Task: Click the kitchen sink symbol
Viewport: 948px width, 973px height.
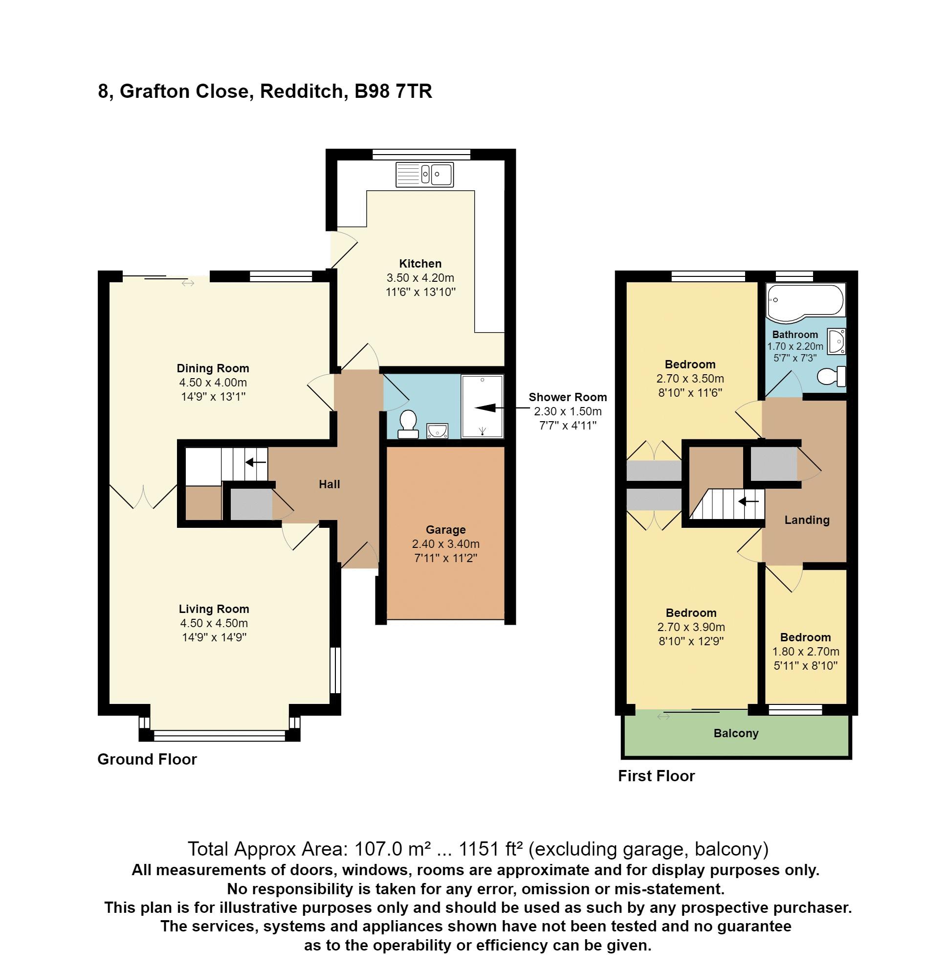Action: tap(424, 174)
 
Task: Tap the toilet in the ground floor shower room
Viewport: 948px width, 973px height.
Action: tap(408, 424)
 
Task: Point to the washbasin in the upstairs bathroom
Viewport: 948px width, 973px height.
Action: tap(836, 341)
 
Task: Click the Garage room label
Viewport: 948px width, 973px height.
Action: tap(445, 530)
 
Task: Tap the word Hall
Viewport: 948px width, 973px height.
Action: tap(329, 484)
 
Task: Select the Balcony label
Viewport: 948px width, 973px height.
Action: tap(735, 733)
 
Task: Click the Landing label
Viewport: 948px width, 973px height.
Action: tap(807, 520)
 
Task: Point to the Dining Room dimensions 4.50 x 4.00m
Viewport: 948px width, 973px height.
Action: tap(213, 383)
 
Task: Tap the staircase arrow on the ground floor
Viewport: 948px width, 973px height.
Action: tap(255, 462)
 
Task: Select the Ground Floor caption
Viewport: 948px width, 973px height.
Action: tap(147, 759)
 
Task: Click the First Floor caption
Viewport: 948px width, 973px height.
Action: tap(656, 776)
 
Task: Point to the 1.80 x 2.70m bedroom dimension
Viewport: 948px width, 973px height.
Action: tap(805, 652)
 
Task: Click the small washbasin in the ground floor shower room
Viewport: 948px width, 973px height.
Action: tap(437, 430)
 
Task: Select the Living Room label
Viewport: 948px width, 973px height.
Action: tap(214, 609)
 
